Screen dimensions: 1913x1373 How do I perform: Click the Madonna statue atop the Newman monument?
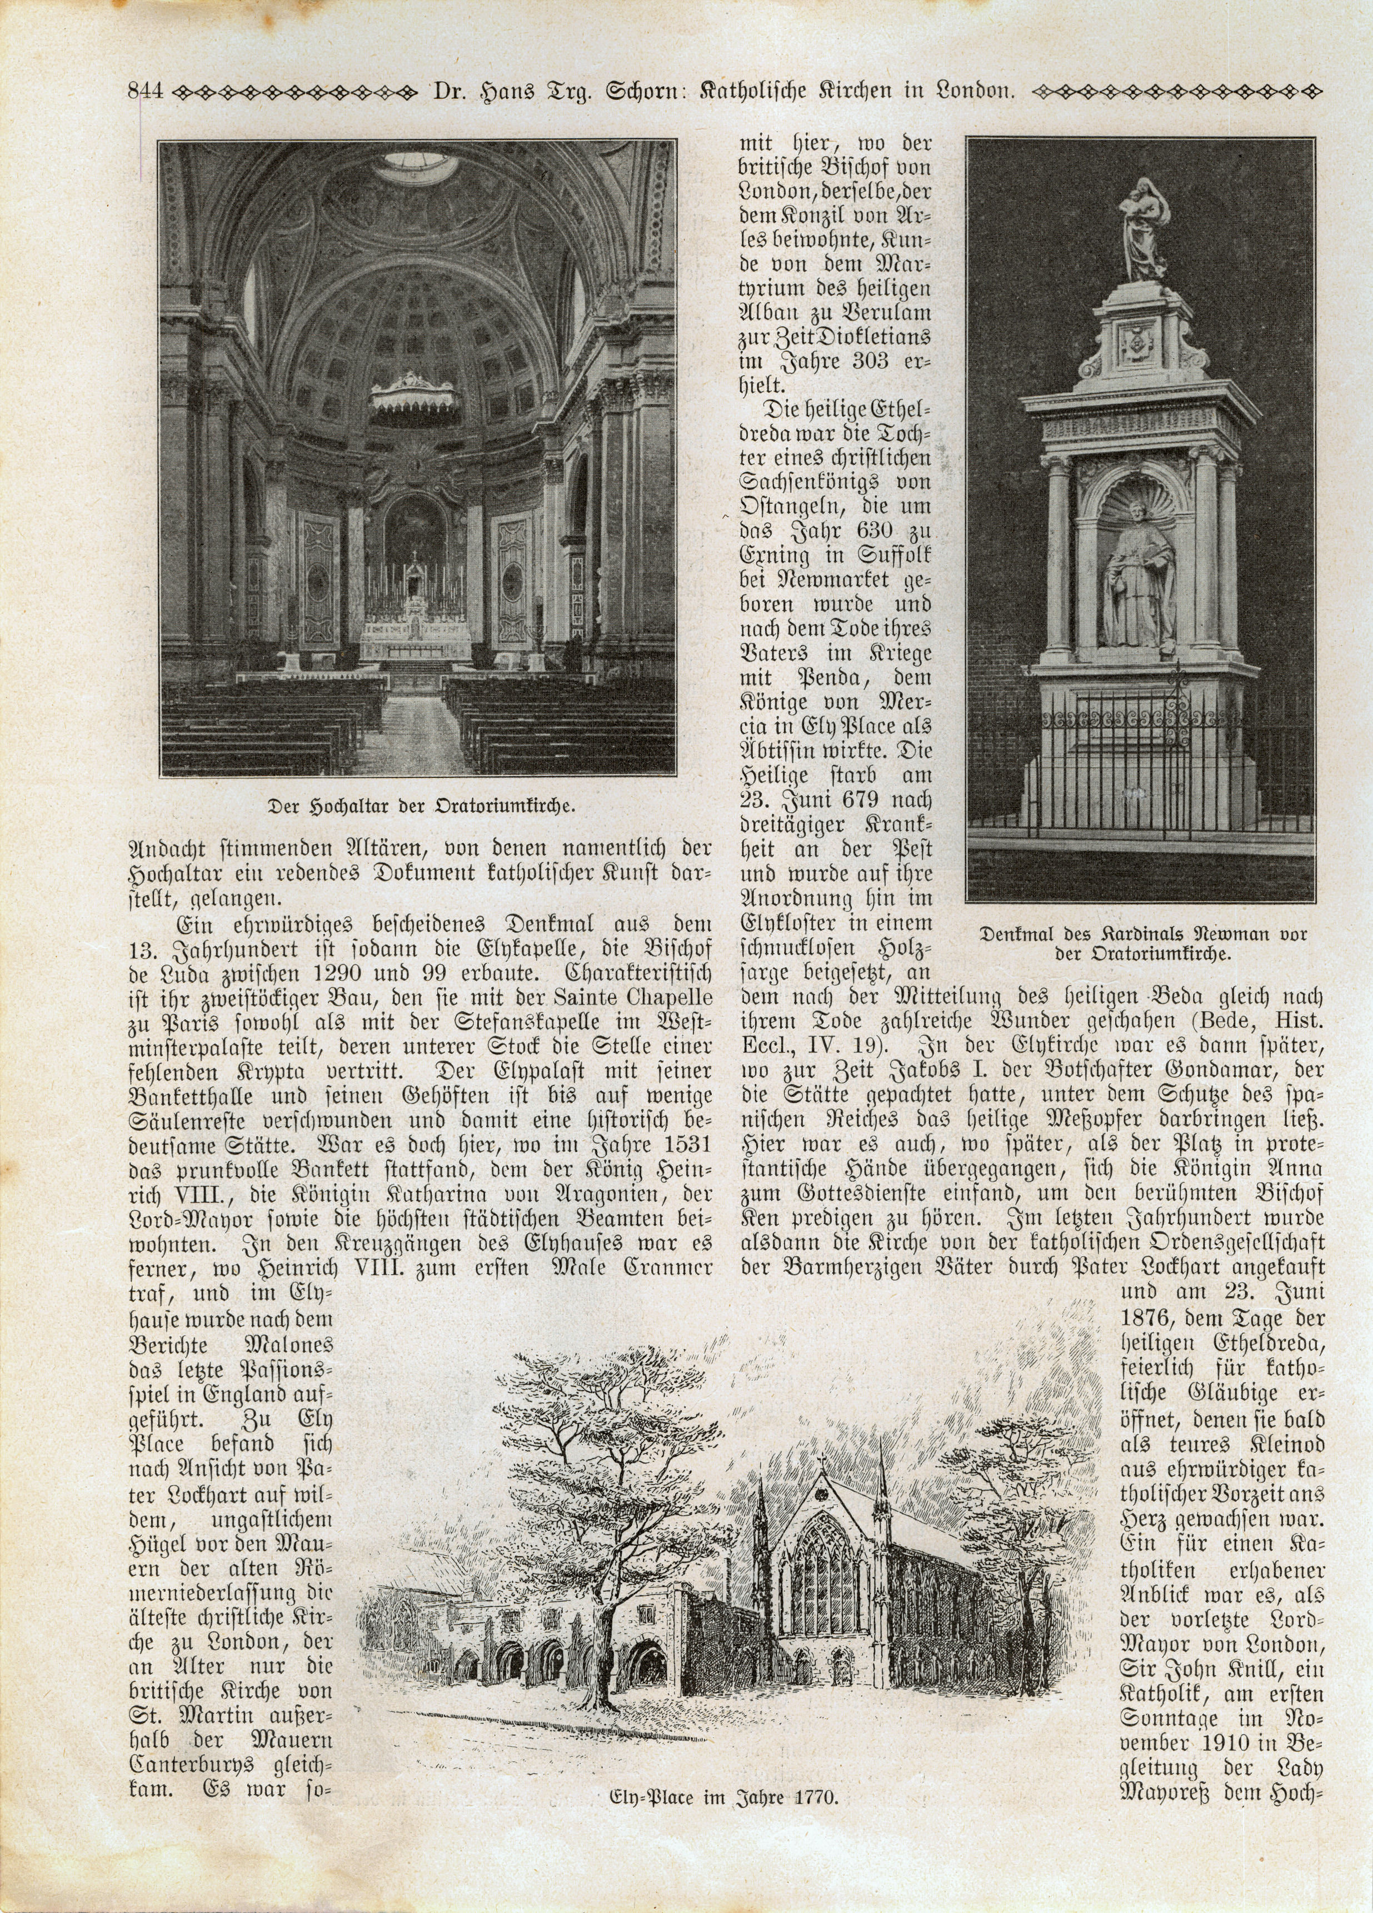click(1144, 228)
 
